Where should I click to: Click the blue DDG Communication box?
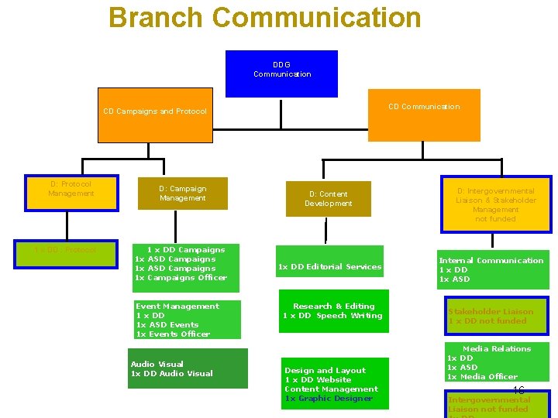(281, 74)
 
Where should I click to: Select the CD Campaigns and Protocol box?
(155, 116)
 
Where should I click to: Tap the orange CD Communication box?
(424, 115)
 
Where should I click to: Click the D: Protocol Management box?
(71, 193)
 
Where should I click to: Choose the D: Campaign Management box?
(183, 194)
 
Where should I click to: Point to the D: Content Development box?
(328, 199)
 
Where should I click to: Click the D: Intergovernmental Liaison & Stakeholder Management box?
(496, 204)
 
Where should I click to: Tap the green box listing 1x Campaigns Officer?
(185, 267)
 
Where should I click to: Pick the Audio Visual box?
(188, 368)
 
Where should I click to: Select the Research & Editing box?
(333, 311)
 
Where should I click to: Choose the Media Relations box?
(496, 362)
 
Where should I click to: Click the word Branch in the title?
(156, 17)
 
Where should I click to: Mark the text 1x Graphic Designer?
(329, 399)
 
